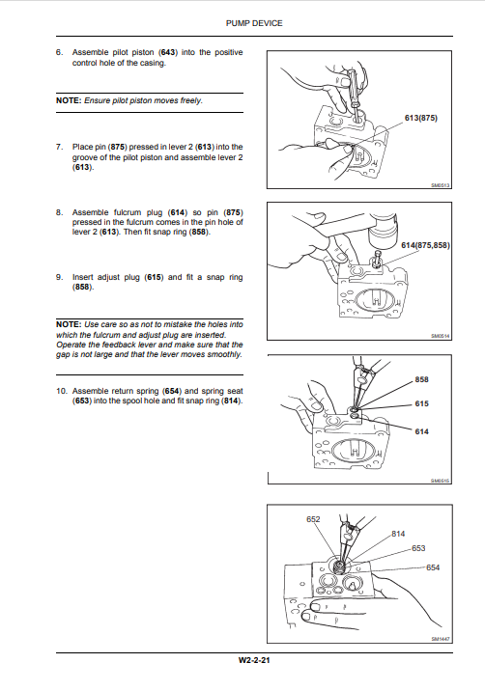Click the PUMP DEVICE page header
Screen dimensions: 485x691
tap(254, 23)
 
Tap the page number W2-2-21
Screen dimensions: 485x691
tap(254, 660)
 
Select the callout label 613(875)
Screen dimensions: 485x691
tap(421, 118)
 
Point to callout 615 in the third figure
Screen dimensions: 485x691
tap(421, 403)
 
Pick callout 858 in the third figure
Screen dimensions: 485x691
tap(421, 379)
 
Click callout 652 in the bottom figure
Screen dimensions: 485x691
tap(313, 519)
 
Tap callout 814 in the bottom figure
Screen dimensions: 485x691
tap(398, 534)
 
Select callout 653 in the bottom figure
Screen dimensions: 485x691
tap(418, 548)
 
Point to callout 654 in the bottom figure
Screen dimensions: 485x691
tap(433, 567)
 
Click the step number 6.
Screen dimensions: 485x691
tap(59, 52)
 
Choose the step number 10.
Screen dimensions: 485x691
tap(61, 391)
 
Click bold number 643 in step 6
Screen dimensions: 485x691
tap(168, 52)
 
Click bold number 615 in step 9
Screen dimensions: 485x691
tap(155, 277)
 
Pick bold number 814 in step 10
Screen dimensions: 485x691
tap(231, 401)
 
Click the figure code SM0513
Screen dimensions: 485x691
tap(440, 185)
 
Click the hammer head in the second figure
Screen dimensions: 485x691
tap(383, 227)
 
